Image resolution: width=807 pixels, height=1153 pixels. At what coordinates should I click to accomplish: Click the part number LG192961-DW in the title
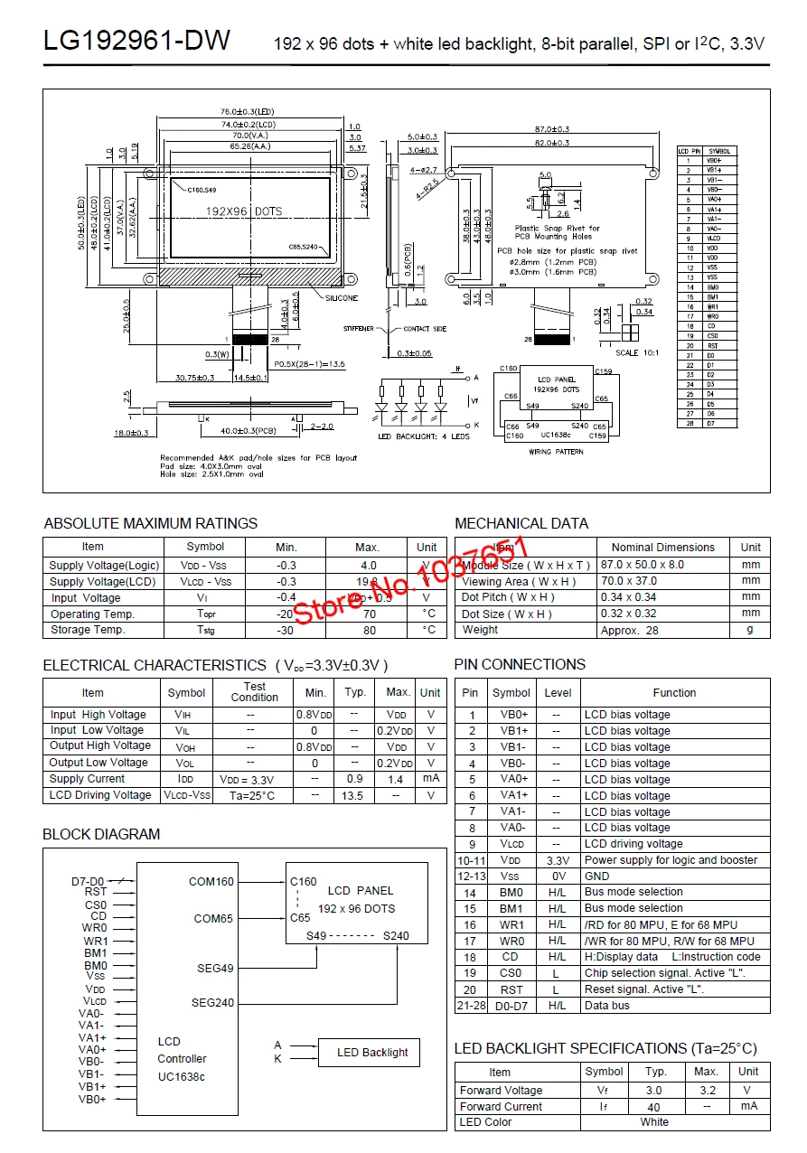[x=136, y=41]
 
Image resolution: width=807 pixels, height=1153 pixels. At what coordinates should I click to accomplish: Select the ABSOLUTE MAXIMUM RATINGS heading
[x=150, y=523]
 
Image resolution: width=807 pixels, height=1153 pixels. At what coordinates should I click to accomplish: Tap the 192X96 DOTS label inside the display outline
[x=244, y=211]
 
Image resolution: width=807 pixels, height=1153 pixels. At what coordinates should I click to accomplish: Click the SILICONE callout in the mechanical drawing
[x=342, y=297]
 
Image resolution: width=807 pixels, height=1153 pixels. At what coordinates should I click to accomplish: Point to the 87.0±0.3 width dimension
[x=551, y=129]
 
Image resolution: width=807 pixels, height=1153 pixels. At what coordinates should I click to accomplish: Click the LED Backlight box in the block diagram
[x=372, y=1052]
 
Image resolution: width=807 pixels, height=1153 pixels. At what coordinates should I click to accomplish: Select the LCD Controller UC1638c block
[x=182, y=1058]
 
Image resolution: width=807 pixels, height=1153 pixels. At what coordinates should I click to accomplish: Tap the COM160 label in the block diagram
[x=211, y=881]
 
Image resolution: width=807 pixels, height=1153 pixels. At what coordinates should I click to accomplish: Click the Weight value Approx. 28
[x=629, y=630]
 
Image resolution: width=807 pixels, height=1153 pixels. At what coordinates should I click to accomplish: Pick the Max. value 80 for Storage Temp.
[x=369, y=630]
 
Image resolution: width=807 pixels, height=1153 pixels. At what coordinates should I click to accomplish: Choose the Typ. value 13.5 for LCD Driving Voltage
[x=352, y=795]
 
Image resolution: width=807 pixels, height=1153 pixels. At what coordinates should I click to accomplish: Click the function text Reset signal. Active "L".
[x=644, y=989]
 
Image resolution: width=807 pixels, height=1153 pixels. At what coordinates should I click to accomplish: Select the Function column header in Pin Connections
[x=674, y=693]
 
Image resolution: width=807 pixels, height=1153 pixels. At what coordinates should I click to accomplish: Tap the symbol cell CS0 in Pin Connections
[x=511, y=973]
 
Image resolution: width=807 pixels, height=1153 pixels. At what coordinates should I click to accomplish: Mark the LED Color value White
[x=654, y=1122]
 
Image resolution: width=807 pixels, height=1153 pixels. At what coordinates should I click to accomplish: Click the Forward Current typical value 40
[x=654, y=1107]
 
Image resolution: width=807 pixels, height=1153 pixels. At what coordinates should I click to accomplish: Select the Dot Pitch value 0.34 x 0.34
[x=630, y=597]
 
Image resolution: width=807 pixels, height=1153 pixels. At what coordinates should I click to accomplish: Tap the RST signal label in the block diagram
[x=96, y=892]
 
